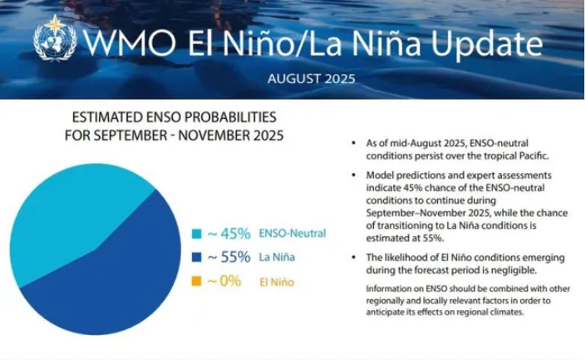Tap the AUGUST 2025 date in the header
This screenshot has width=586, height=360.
pyautogui.click(x=311, y=80)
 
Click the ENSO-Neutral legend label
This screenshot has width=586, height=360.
pyautogui.click(x=291, y=234)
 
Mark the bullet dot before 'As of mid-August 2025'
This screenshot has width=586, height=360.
pyautogui.click(x=354, y=144)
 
